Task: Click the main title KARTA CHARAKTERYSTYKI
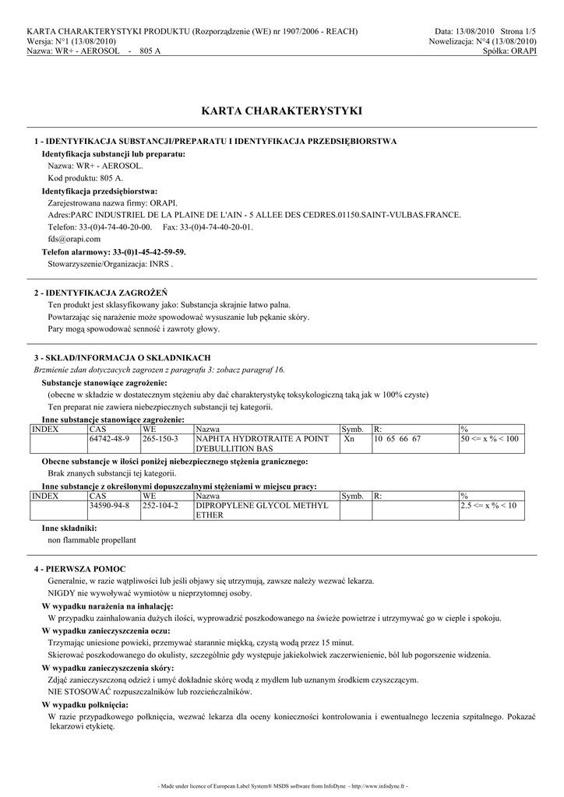pyautogui.click(x=281, y=111)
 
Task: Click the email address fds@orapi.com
pyautogui.click(x=74, y=240)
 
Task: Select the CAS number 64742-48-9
pyautogui.click(x=110, y=440)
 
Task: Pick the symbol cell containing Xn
pyautogui.click(x=350, y=440)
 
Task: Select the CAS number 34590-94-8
pyautogui.click(x=110, y=506)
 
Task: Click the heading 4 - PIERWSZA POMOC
pyautogui.click(x=80, y=570)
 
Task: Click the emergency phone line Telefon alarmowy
pyautogui.click(x=114, y=252)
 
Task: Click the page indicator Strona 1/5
pyautogui.click(x=514, y=31)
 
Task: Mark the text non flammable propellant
pyautogui.click(x=92, y=539)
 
